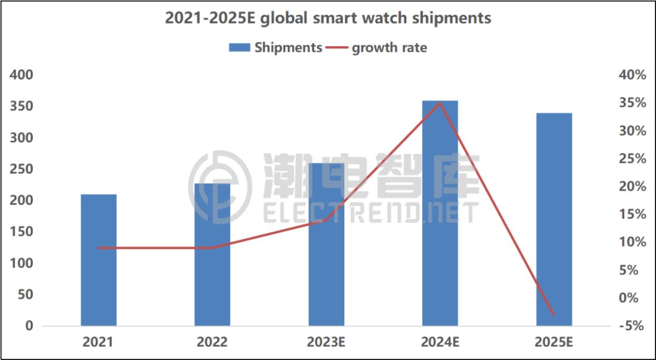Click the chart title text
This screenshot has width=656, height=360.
pyautogui.click(x=328, y=18)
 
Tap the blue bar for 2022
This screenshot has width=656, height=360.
pyautogui.click(x=212, y=255)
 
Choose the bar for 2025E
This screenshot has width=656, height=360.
pyautogui.click(x=554, y=219)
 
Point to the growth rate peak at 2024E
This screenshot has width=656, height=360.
pyautogui.click(x=440, y=103)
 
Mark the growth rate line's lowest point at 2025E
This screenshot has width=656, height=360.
pyautogui.click(x=554, y=314)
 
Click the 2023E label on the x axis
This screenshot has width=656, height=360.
pyautogui.click(x=326, y=342)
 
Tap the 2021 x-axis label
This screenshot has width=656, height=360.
pyautogui.click(x=98, y=342)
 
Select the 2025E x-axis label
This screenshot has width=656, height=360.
pyautogui.click(x=554, y=342)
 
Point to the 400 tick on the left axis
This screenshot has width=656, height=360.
pyautogui.click(x=21, y=75)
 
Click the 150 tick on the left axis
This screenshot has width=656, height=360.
pyautogui.click(x=21, y=232)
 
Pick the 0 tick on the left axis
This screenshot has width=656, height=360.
pyautogui.click(x=29, y=326)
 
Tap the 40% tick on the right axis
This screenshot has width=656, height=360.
pyautogui.click(x=632, y=75)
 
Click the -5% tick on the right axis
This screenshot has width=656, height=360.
pyautogui.click(x=632, y=326)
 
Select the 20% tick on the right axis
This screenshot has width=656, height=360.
pyautogui.click(x=632, y=186)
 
